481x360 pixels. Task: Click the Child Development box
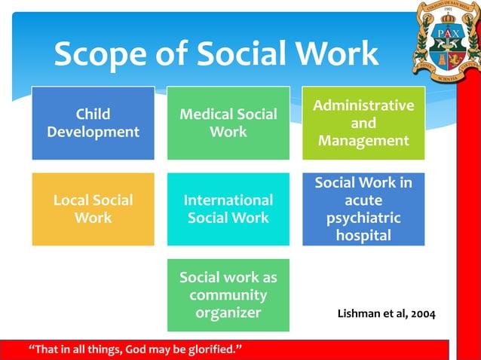tap(93, 123)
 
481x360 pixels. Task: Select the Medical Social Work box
tap(228, 123)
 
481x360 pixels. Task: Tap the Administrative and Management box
tap(363, 123)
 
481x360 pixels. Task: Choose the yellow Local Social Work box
tap(93, 209)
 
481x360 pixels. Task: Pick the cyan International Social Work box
tap(228, 209)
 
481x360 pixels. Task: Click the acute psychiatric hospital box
tap(363, 209)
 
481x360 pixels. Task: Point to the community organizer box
tap(228, 294)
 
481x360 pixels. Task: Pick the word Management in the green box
tap(363, 141)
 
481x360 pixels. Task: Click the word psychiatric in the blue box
tap(363, 218)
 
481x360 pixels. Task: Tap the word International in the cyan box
tap(228, 200)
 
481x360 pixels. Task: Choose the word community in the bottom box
tap(228, 294)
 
